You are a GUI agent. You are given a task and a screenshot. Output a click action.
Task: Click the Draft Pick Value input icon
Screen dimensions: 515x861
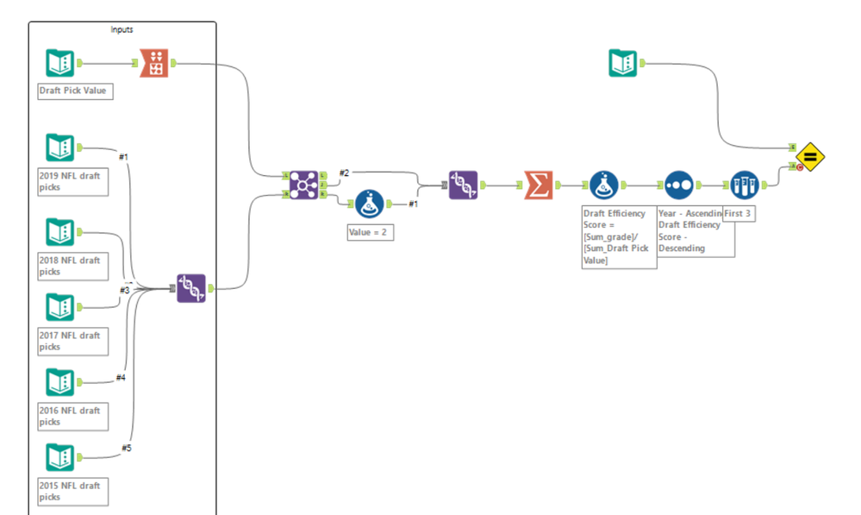click(59, 63)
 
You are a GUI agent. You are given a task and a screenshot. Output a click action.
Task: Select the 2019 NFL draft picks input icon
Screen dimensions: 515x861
click(59, 148)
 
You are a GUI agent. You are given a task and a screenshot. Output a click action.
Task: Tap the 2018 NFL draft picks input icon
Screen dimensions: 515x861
click(59, 232)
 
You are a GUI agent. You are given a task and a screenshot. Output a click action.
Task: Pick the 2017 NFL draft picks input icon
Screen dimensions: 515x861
click(59, 307)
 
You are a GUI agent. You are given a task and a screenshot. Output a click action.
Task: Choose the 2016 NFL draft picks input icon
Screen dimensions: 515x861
click(59, 382)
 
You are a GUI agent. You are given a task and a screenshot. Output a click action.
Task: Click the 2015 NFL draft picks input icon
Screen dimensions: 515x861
click(59, 457)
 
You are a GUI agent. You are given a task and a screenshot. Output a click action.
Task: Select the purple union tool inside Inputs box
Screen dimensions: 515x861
click(190, 288)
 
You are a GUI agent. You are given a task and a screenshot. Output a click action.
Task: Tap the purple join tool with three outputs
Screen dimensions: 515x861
click(303, 185)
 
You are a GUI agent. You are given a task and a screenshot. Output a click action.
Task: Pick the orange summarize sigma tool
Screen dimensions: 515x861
click(539, 185)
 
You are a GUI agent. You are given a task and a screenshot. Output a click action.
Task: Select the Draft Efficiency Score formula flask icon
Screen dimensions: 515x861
click(604, 185)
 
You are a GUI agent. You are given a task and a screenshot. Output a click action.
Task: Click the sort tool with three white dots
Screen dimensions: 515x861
click(678, 185)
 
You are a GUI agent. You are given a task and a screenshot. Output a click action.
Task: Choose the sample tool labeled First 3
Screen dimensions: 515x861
click(744, 185)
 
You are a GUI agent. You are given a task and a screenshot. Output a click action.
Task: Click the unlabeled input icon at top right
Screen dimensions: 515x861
click(623, 63)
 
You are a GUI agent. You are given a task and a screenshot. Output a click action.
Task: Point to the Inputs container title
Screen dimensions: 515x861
click(122, 29)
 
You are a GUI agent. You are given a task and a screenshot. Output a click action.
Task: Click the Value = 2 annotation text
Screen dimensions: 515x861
click(371, 232)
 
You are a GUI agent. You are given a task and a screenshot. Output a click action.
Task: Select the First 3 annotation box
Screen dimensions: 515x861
click(739, 213)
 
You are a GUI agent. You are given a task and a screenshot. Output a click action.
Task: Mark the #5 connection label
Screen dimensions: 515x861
click(126, 447)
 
